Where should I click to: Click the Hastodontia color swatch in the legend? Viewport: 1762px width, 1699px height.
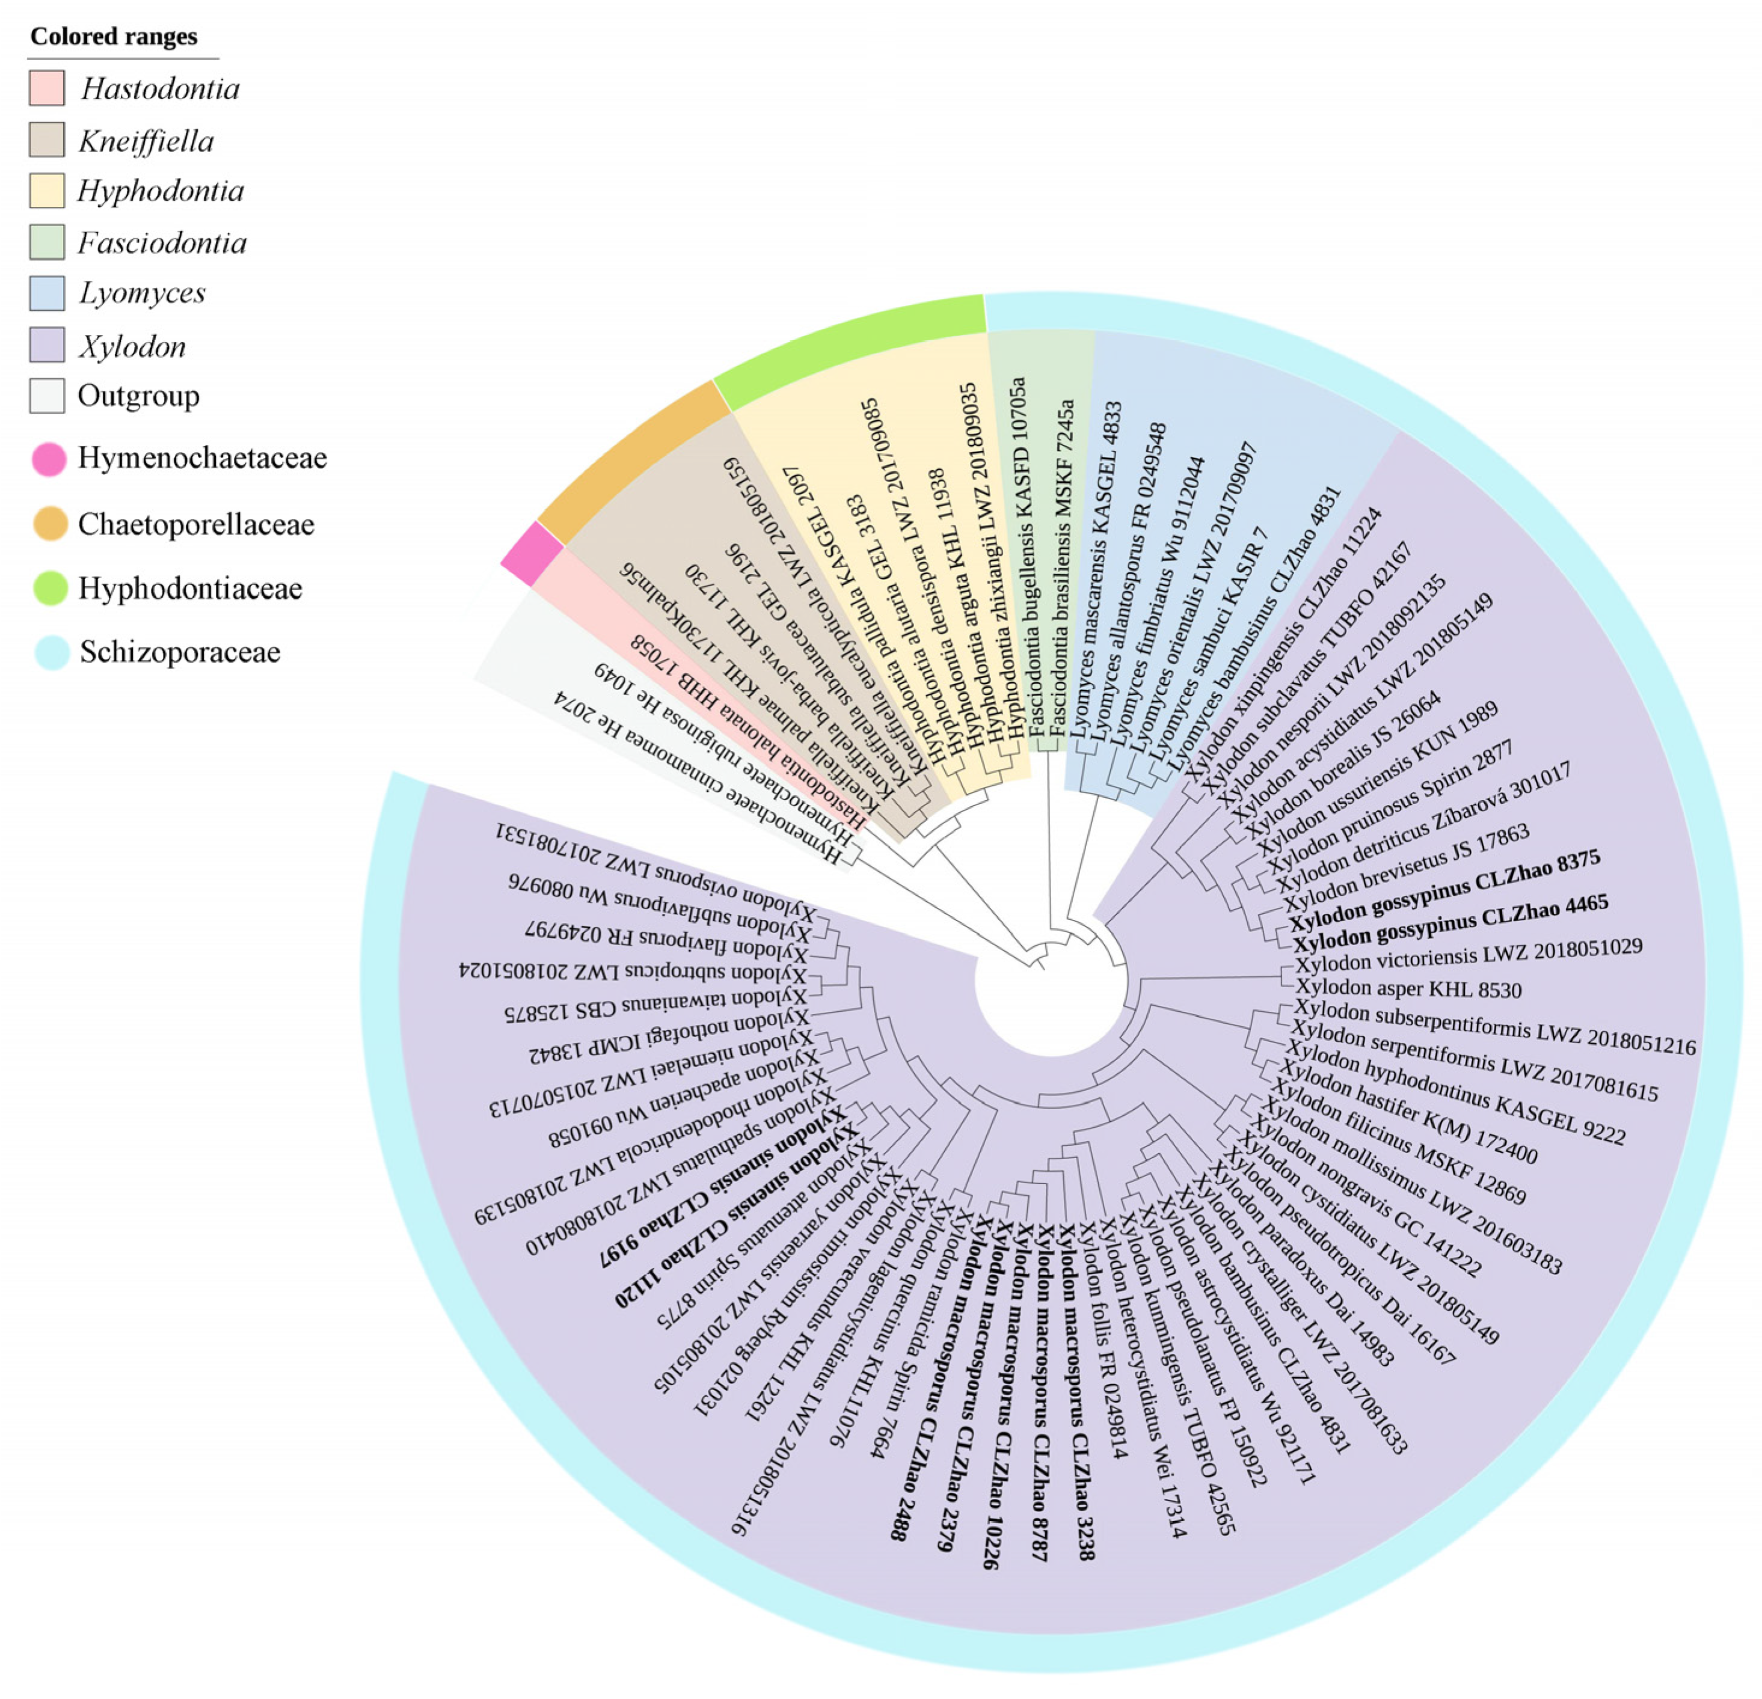(x=47, y=88)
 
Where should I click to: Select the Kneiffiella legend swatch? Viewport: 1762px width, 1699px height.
(x=47, y=140)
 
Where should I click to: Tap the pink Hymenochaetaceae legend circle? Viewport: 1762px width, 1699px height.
(x=49, y=459)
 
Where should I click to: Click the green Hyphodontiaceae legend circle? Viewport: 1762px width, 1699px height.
(x=49, y=588)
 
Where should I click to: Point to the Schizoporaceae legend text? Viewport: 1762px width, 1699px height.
(x=180, y=652)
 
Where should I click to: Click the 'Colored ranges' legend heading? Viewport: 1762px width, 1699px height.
(x=113, y=37)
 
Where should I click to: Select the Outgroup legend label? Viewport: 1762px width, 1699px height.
(x=138, y=396)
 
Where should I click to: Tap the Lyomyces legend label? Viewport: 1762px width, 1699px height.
(x=142, y=293)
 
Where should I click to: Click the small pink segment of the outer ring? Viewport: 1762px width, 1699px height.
(x=531, y=553)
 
